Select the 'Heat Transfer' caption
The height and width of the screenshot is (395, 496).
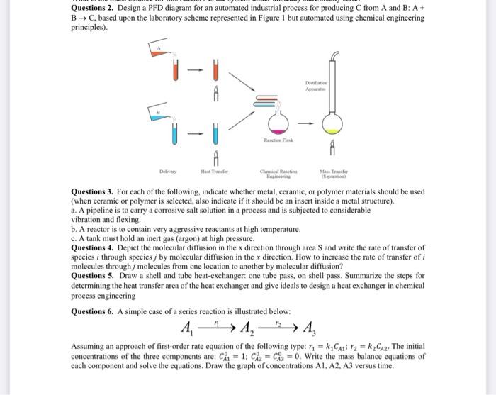211,170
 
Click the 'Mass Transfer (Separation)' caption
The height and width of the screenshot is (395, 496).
333,172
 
